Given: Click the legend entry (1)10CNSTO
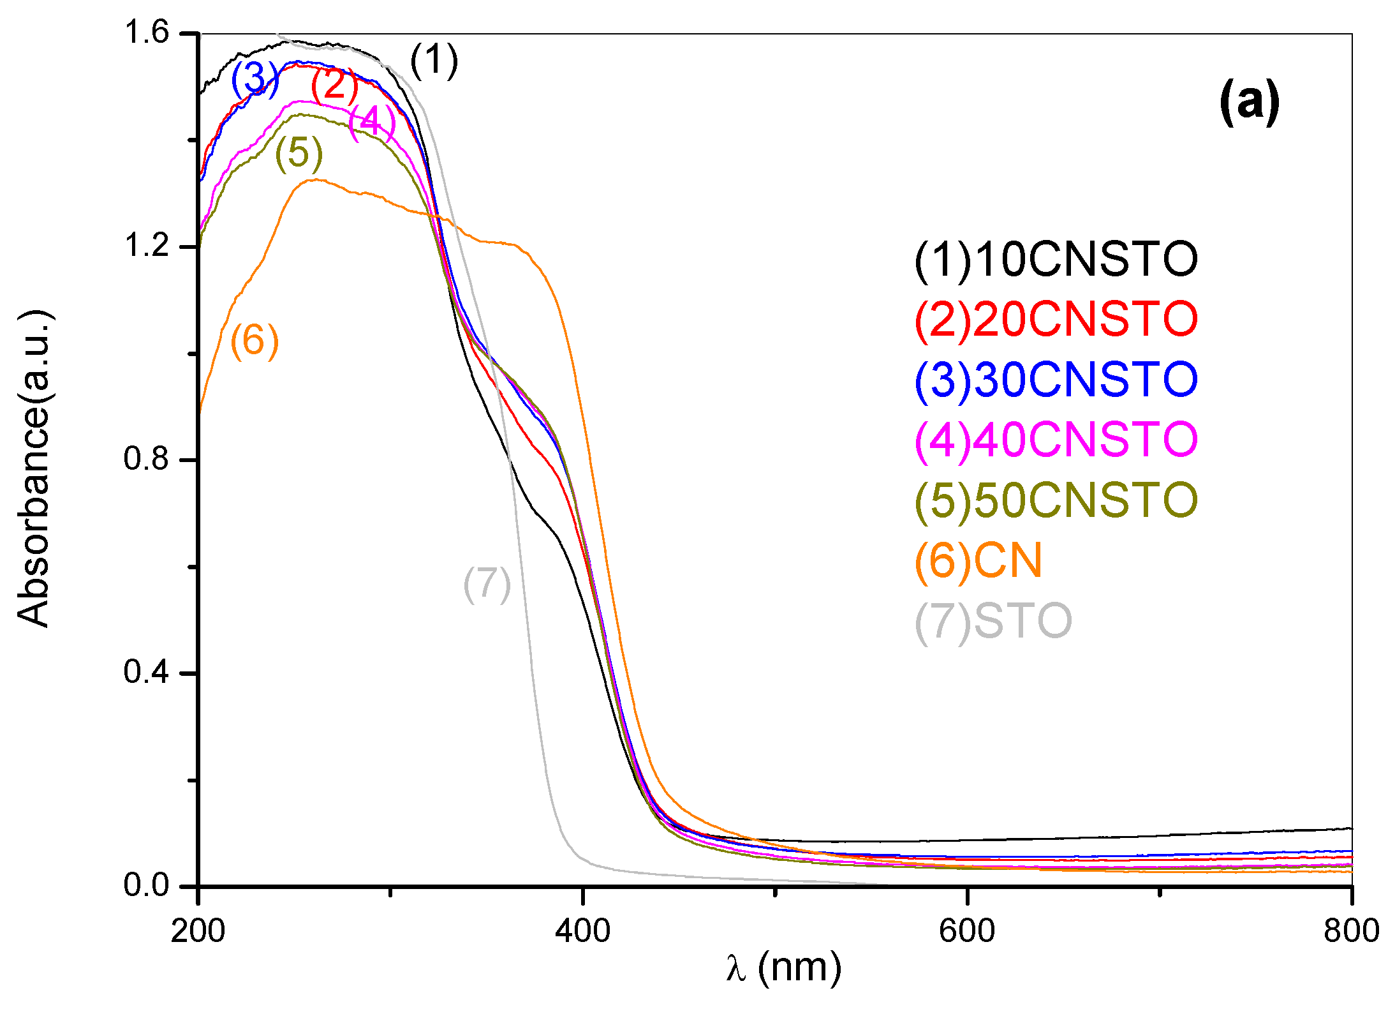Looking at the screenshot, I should (1056, 260).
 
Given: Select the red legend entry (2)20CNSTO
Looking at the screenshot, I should (1056, 319).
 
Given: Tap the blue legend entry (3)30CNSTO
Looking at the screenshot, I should (1056, 379).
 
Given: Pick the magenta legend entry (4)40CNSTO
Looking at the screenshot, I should (1056, 439).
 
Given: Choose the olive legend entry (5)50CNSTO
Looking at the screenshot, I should (1056, 500).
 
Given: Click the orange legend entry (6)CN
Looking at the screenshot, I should (978, 560).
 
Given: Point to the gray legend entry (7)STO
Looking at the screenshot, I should (993, 620).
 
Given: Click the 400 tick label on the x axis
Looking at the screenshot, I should (582, 931).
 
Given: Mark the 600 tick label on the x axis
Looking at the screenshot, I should (966, 931).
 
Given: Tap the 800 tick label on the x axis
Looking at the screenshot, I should (1351, 931).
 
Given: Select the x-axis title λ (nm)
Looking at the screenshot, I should (784, 968).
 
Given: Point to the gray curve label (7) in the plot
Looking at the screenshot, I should (487, 584).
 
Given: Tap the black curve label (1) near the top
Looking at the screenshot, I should (434, 61).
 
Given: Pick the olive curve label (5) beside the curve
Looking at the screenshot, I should (299, 153).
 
